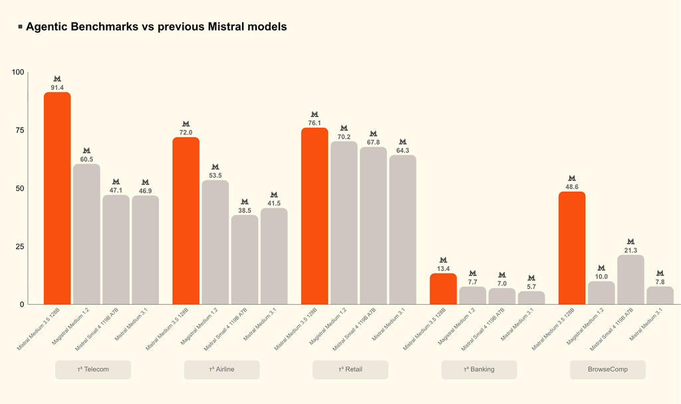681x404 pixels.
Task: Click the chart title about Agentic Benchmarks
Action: coord(156,27)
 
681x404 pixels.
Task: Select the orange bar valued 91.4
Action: coord(57,198)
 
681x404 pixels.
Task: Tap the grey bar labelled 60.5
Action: coord(86,234)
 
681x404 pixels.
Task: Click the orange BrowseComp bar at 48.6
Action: coord(572,248)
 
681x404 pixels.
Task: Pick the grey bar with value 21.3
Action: coord(630,280)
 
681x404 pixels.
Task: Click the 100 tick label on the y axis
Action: coord(18,72)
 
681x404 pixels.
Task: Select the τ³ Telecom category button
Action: coord(93,369)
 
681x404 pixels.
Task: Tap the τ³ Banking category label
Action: coord(479,369)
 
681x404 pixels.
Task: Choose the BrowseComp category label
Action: coord(608,369)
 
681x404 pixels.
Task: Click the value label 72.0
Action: coord(186,132)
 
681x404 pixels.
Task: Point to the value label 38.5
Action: coord(245,210)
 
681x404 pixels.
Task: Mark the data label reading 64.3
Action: coord(402,150)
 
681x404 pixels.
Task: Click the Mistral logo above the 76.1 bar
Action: coord(315,114)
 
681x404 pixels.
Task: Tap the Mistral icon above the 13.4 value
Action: coord(444,260)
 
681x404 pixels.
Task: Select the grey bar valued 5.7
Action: coord(531,298)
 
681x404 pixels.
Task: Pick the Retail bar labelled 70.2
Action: coord(344,223)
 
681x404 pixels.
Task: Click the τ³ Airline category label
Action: coord(221,369)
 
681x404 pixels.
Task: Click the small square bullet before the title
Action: coord(21,27)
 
